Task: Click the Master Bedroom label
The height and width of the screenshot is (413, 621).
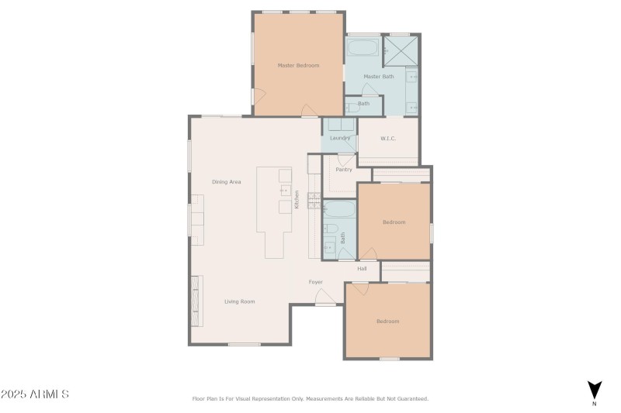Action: coord(299,65)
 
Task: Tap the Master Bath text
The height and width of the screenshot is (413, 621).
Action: coord(379,76)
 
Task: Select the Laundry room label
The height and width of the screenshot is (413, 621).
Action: coord(340,138)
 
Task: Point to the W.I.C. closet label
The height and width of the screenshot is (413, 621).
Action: coord(388,139)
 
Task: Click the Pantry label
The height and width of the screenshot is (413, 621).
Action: coord(343,169)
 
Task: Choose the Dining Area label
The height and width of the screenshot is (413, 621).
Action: coord(227,182)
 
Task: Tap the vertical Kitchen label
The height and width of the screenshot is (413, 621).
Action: coord(297,200)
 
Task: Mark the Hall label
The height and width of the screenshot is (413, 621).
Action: coord(362,269)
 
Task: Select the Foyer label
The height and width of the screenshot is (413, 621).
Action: coord(316,281)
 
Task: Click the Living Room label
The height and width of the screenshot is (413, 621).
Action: coord(240,301)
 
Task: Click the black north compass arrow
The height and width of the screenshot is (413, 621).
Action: coord(595,390)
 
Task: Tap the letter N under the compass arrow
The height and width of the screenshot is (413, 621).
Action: coord(595,404)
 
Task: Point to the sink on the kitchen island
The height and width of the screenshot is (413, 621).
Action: coord(285,191)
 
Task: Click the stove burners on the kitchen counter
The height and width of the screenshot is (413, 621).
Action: coord(314,200)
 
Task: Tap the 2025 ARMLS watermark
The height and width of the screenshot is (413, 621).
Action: coord(35,394)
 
